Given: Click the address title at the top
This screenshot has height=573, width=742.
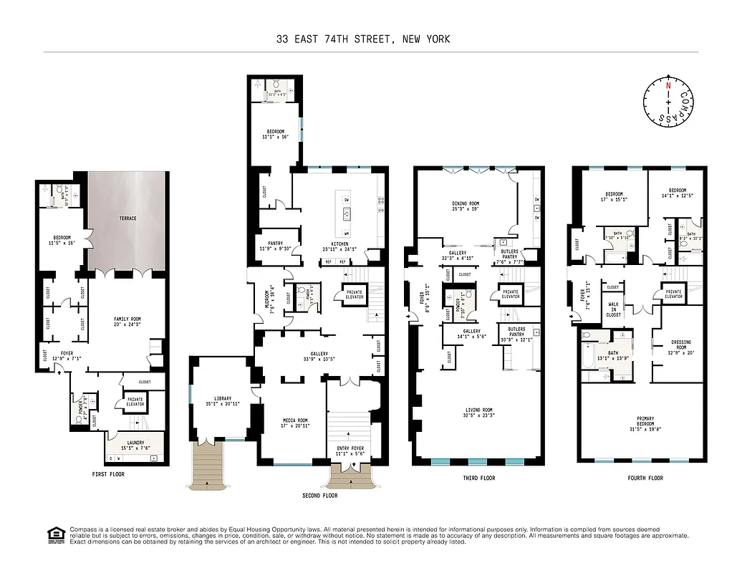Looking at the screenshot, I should [363, 39].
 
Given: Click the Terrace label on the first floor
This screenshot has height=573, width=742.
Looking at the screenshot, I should [127, 218].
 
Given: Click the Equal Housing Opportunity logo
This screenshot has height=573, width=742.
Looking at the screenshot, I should [53, 534].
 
